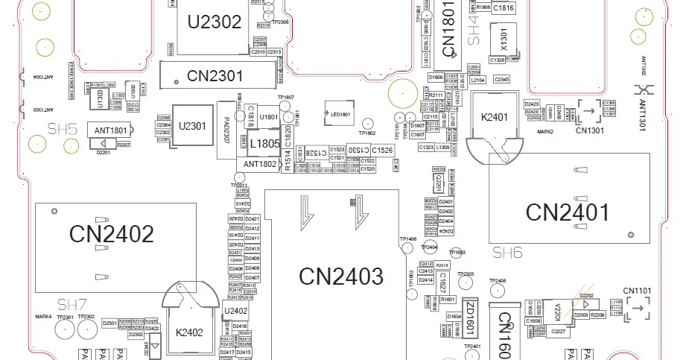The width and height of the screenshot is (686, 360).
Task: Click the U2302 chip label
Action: [215, 22]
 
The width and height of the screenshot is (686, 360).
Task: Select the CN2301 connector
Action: [215, 75]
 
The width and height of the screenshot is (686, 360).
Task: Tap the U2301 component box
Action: [192, 126]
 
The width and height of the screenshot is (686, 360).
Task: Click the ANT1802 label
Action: [256, 164]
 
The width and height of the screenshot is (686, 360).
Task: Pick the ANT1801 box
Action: [112, 130]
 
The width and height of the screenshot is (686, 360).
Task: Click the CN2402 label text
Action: [112, 233]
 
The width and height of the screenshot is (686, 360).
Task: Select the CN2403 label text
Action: [341, 276]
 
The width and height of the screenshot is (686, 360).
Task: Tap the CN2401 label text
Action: [568, 212]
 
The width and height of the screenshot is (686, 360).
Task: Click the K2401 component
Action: [495, 118]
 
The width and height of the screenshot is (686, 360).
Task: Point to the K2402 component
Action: [189, 332]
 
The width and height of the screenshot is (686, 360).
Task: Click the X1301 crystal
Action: [504, 38]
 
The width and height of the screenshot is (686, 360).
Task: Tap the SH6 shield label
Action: [507, 253]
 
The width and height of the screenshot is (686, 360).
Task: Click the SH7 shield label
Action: [73, 304]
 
